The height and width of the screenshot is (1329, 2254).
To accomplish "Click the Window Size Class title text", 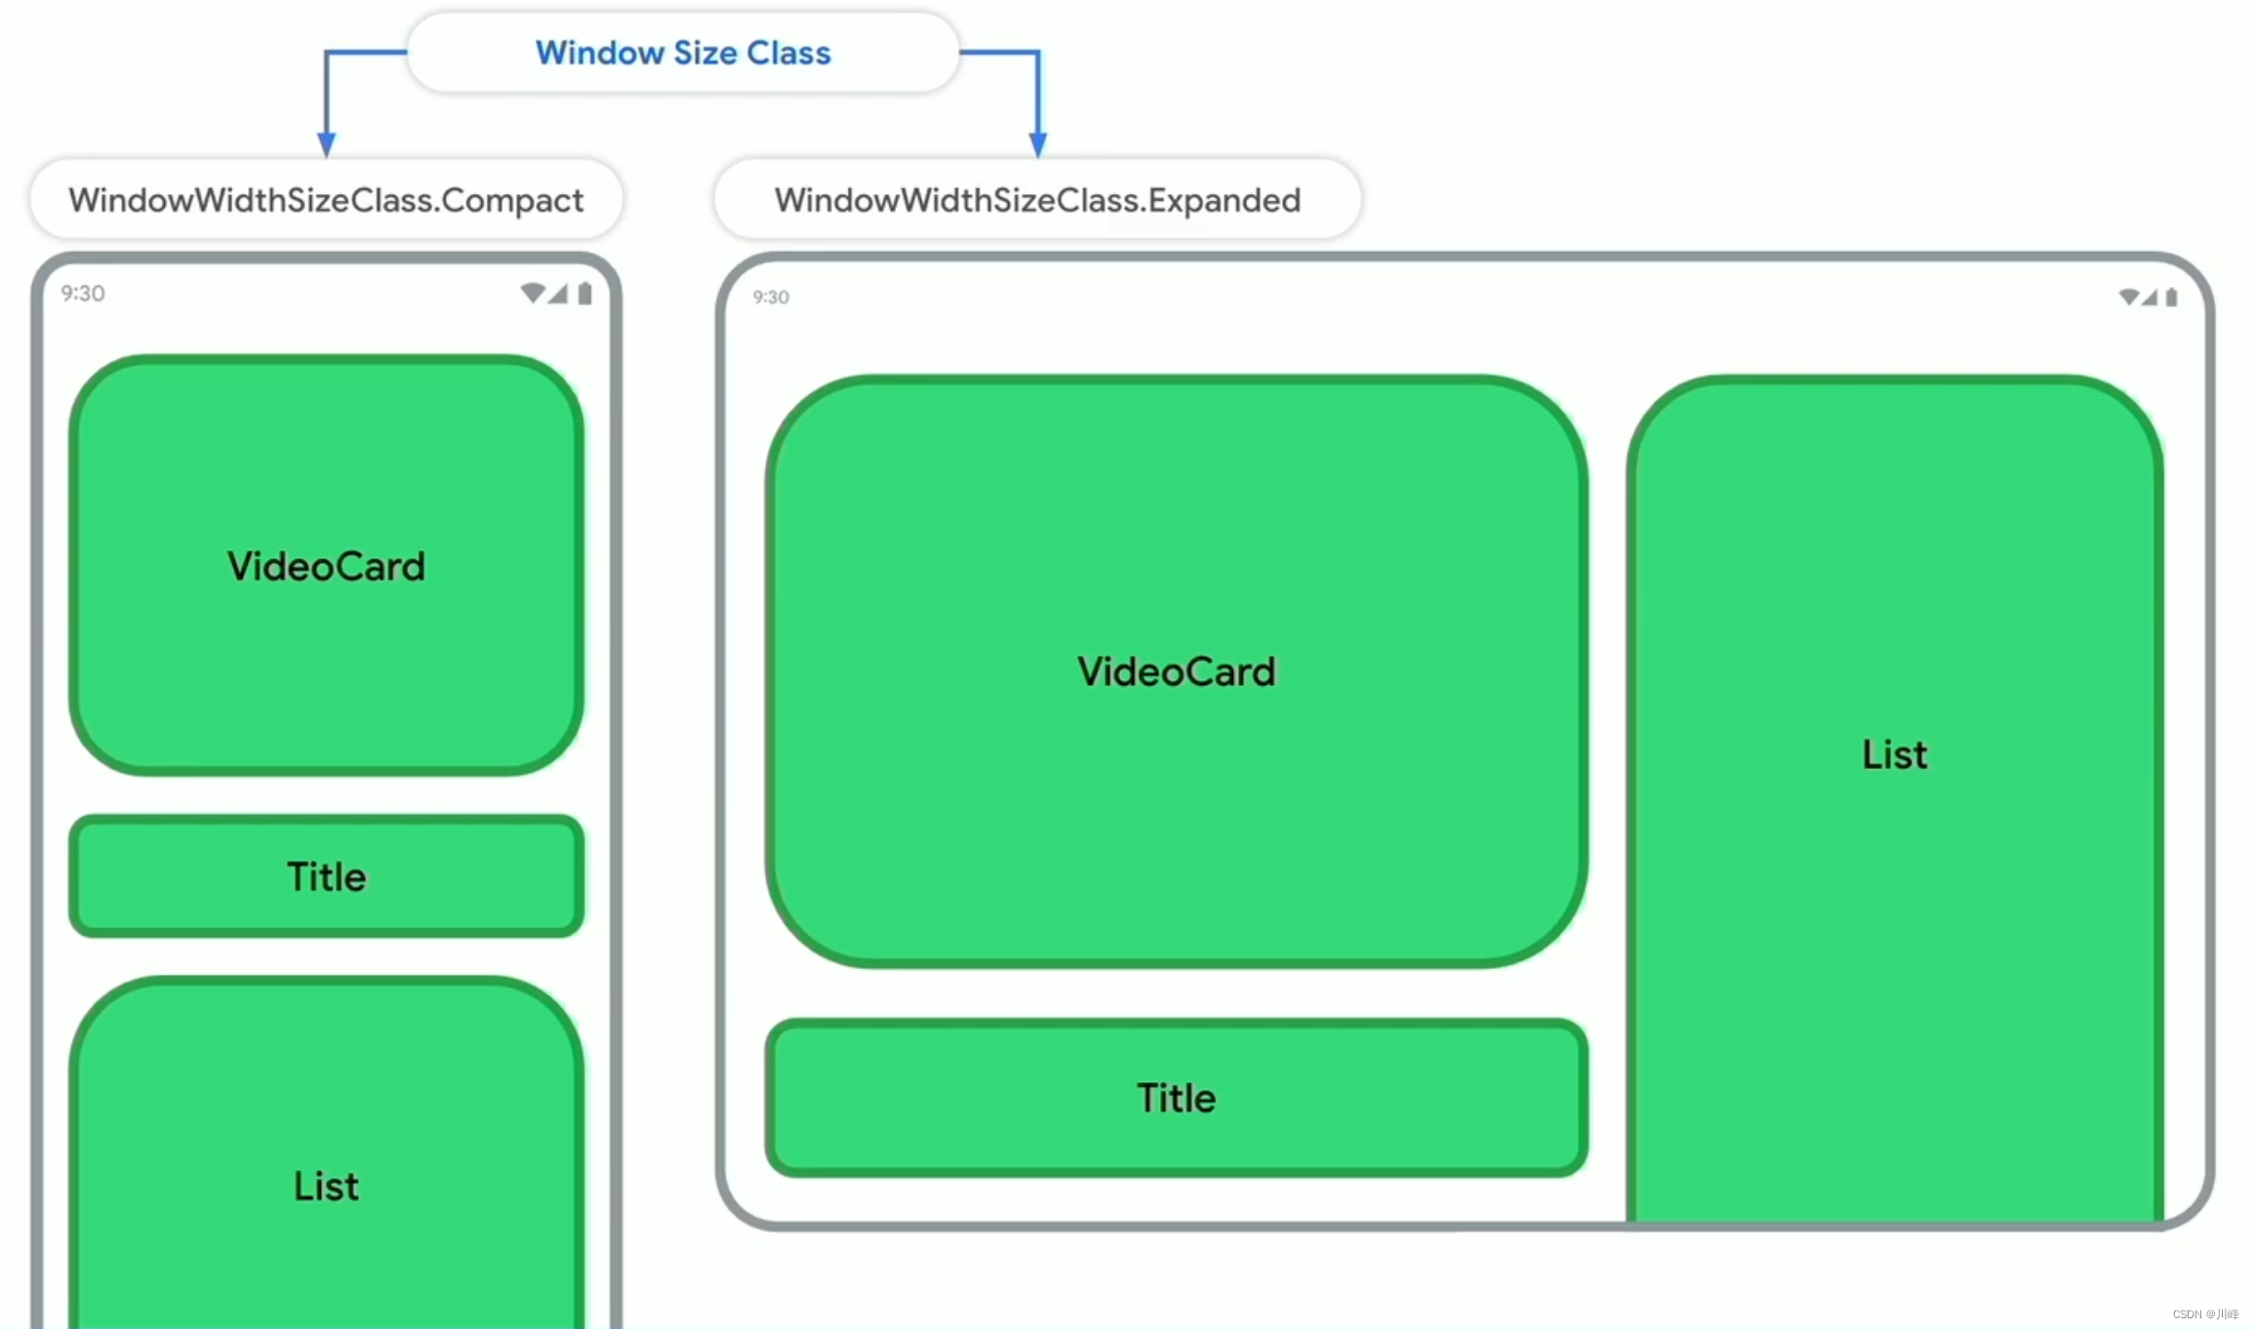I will (x=683, y=53).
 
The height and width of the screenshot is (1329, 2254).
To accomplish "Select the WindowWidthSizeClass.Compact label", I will (x=326, y=200).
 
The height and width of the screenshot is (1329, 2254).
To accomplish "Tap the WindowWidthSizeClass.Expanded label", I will (x=1037, y=200).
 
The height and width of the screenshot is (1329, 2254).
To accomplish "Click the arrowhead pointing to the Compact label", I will (x=327, y=144).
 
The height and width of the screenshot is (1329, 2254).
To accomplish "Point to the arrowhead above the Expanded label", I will (x=1038, y=144).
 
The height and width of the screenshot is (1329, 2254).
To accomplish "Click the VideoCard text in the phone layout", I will (x=326, y=566).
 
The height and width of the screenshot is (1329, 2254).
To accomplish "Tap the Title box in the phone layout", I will (x=326, y=876).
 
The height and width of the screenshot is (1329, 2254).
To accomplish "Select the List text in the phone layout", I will (x=326, y=1186).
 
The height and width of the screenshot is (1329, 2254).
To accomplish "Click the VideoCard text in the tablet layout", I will (x=1176, y=671).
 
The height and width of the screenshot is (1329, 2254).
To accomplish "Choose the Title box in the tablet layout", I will (x=1176, y=1098).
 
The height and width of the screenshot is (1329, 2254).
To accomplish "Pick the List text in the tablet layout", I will (x=1894, y=754).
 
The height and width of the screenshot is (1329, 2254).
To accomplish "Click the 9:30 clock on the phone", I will (x=83, y=294).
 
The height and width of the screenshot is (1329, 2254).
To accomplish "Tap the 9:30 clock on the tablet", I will (x=771, y=297).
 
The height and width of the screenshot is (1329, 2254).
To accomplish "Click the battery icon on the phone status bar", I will (x=584, y=294).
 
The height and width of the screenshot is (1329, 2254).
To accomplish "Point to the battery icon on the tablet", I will (x=2171, y=297).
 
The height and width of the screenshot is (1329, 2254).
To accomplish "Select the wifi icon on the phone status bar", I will (x=532, y=293).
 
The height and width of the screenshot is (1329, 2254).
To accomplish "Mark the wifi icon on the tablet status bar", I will (x=2128, y=297).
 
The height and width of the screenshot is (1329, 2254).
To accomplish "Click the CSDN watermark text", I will (x=2205, y=1314).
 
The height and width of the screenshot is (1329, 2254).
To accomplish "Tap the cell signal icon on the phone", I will (x=558, y=294).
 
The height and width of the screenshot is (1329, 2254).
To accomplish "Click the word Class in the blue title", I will (x=788, y=53).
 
